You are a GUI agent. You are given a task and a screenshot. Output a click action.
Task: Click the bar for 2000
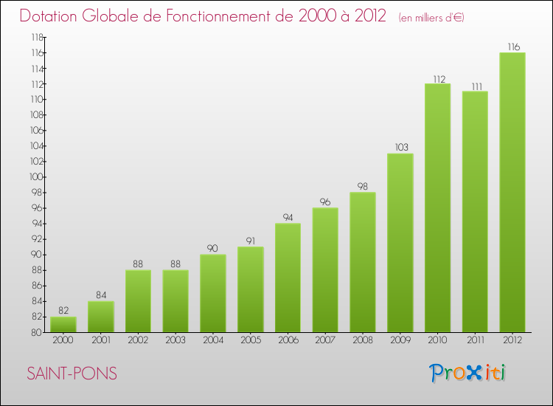[63, 325]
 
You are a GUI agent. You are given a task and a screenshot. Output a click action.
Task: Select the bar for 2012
[512, 192]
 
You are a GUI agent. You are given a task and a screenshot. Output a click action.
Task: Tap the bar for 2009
[400, 243]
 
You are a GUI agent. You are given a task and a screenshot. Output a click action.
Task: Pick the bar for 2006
[288, 278]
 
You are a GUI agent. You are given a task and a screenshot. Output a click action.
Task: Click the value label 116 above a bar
[512, 47]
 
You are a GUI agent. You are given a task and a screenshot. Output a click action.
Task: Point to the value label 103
[400, 148]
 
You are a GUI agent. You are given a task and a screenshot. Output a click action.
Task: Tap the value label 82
[63, 311]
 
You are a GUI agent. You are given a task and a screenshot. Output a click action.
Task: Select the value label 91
[251, 241]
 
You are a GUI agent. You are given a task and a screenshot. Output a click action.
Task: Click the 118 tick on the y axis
[36, 37]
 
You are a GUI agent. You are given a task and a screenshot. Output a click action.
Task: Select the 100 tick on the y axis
[36, 177]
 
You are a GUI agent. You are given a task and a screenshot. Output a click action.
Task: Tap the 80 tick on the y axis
[38, 332]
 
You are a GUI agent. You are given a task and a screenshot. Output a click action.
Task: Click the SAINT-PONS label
[72, 374]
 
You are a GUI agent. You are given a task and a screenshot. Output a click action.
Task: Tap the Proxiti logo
[468, 373]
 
